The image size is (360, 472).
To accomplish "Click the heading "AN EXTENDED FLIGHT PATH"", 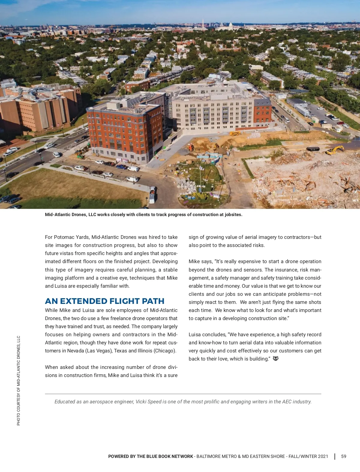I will coord(104,301).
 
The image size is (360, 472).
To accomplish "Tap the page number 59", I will coord(343,456).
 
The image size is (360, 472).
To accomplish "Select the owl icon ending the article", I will coord(276,358).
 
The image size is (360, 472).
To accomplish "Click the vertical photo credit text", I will coord(19,380).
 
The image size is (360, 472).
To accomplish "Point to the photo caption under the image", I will coord(143,215).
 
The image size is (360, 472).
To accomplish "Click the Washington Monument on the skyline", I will coord(203,24).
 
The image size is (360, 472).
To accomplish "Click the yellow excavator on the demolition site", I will coord(335,150).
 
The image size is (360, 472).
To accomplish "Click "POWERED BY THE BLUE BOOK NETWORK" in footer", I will coord(151,456).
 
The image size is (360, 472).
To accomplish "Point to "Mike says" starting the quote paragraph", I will coord(200,261).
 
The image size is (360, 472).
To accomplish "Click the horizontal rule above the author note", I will coord(183,394).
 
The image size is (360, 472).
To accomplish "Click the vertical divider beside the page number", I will coord(335,456).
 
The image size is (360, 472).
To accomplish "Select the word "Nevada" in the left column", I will coord(75,351).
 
